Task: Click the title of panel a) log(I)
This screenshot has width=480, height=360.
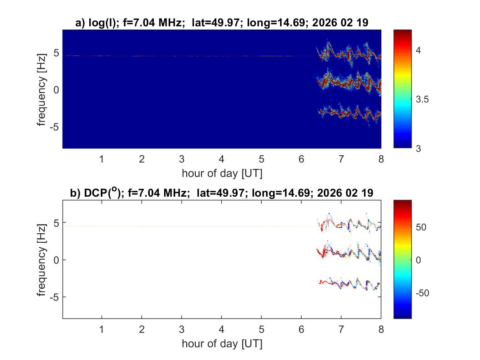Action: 222,23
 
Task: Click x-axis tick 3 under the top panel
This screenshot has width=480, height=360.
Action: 181,159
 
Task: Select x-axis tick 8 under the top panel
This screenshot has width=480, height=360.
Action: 381,159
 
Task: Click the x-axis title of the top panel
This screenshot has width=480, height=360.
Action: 222,173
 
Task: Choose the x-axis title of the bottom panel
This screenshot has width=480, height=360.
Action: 222,344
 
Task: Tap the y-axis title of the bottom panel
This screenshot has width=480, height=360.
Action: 42,260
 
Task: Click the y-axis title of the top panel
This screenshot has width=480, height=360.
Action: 42,89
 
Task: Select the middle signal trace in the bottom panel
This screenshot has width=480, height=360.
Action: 350,254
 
